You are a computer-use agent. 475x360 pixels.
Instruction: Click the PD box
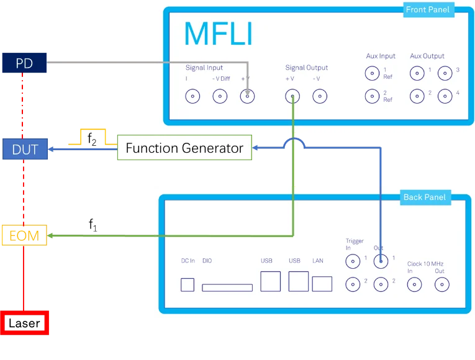click(24, 63)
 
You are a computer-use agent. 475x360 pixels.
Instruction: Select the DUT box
click(25, 149)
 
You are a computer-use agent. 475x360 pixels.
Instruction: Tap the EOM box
click(24, 235)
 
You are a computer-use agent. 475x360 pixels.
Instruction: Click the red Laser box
click(25, 323)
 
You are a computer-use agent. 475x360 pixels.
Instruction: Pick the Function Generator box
click(184, 148)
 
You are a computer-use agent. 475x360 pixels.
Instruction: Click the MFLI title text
click(218, 34)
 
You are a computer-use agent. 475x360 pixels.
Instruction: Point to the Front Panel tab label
click(428, 10)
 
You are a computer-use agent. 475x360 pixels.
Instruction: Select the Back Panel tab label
click(425, 197)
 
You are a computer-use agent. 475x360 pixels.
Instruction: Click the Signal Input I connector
click(192, 96)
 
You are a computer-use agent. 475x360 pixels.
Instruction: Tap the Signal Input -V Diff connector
click(220, 96)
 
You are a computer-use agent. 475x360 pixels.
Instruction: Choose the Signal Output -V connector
click(320, 96)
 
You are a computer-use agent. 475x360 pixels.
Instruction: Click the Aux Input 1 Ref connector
click(373, 73)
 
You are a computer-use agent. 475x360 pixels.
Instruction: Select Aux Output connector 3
click(445, 73)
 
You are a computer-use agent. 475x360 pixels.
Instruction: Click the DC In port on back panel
click(188, 285)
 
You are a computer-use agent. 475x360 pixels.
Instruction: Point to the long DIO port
click(227, 287)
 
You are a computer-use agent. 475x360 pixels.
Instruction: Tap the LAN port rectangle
click(322, 284)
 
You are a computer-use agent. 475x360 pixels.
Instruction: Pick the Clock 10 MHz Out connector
click(442, 285)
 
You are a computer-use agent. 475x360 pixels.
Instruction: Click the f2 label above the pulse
click(92, 139)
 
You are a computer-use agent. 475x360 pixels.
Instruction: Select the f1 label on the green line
click(93, 225)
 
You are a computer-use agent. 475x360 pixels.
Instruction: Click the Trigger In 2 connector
click(353, 285)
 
